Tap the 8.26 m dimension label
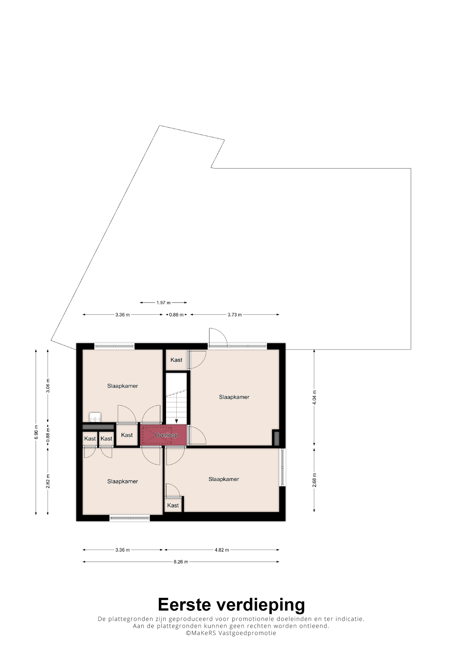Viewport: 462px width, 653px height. (x=181, y=562)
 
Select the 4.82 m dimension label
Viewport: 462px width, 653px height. (x=222, y=550)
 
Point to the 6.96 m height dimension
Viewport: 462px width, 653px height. (x=36, y=432)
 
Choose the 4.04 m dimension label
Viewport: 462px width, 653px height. (x=314, y=397)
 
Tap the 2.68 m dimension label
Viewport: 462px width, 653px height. (x=314, y=480)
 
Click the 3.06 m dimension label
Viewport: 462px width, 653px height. (x=48, y=386)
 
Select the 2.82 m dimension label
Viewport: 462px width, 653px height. (x=48, y=481)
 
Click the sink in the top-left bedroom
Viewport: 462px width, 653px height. (x=95, y=417)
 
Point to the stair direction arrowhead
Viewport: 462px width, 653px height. (x=176, y=421)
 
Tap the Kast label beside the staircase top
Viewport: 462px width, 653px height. (x=176, y=360)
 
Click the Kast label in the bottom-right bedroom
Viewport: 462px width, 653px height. (x=173, y=505)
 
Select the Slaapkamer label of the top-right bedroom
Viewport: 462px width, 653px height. (x=234, y=397)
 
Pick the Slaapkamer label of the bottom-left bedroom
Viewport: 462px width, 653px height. (x=122, y=481)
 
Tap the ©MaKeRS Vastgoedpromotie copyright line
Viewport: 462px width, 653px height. (x=231, y=633)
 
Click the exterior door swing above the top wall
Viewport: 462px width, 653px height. (x=218, y=337)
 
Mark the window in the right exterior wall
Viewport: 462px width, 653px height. (x=282, y=467)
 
